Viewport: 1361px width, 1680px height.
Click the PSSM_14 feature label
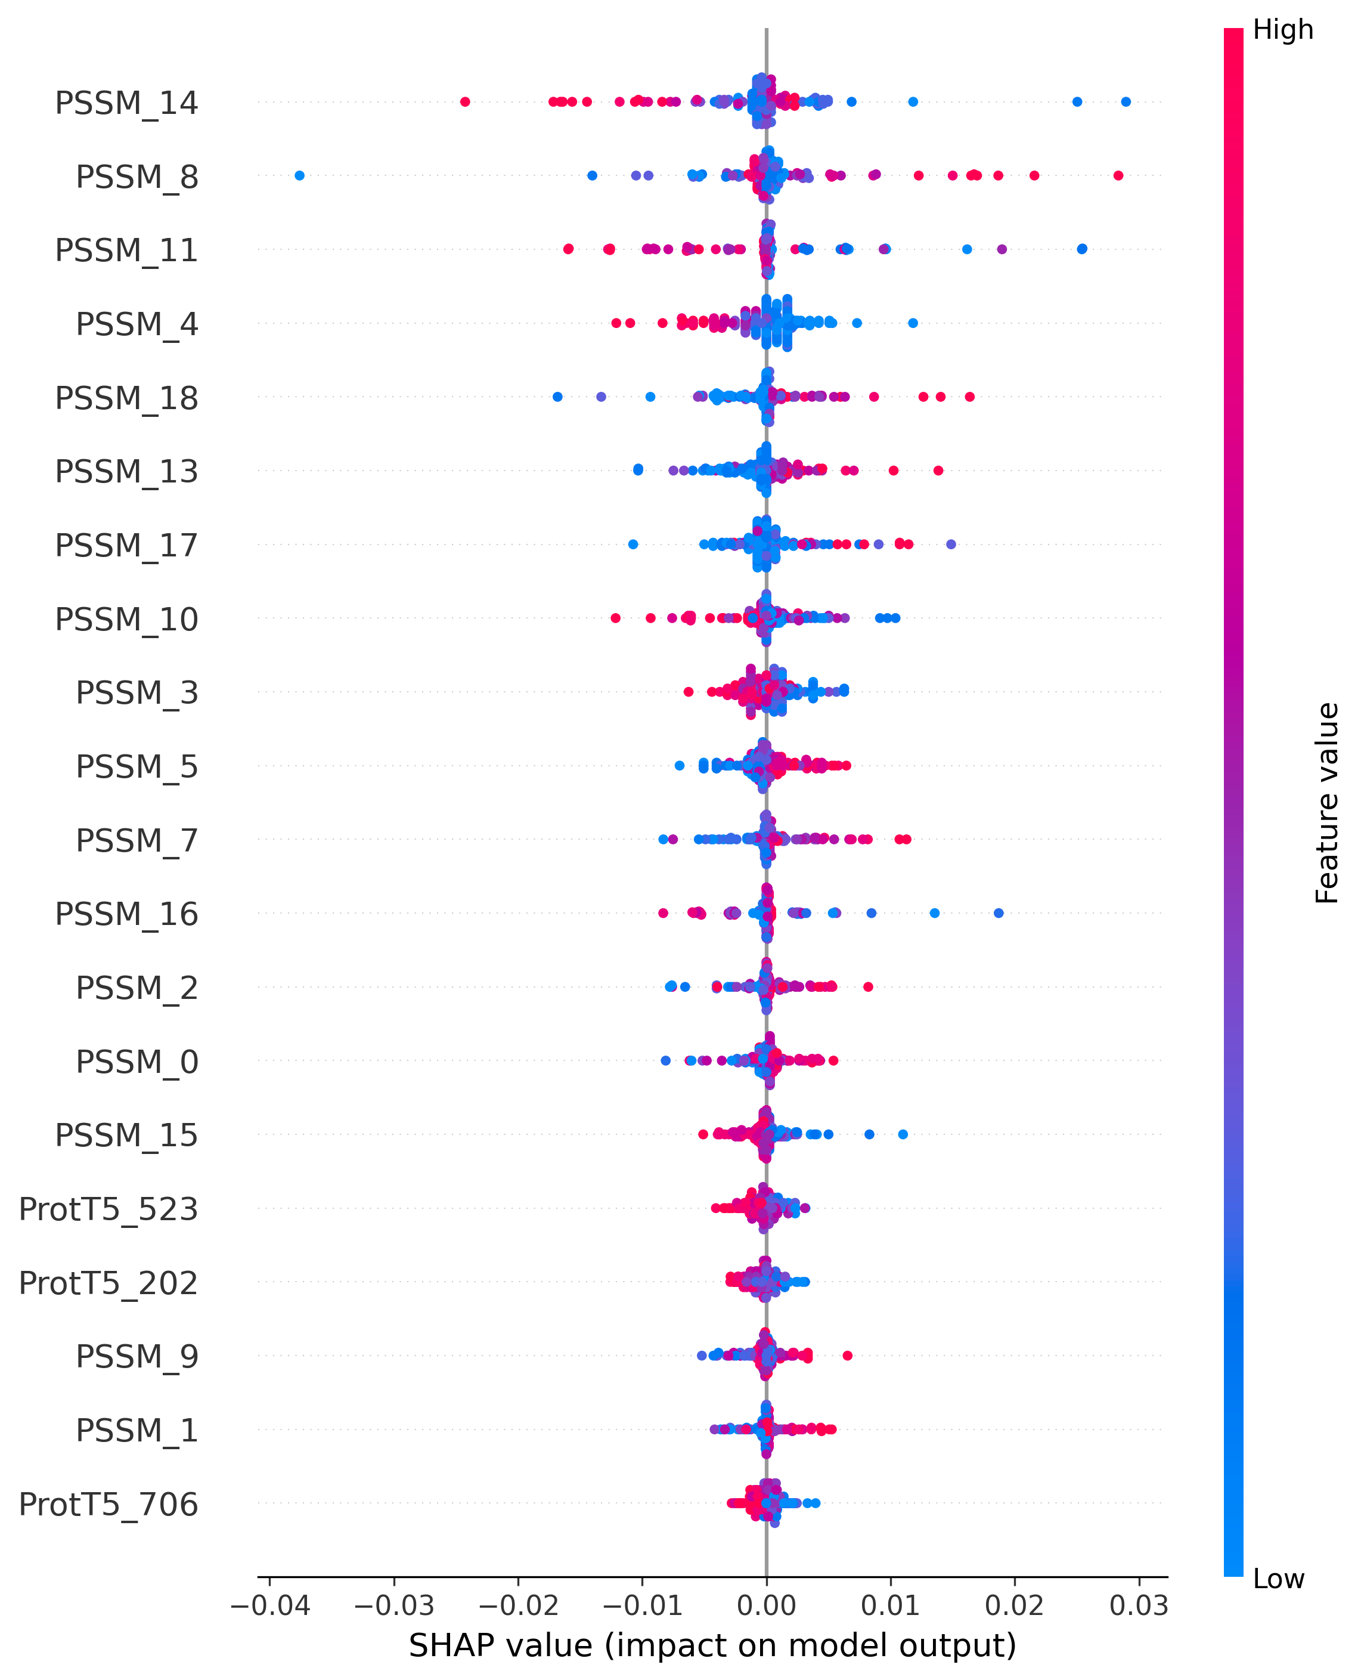(126, 103)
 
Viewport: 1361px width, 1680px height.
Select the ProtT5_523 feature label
(108, 1209)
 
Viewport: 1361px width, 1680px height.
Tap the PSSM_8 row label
(137, 177)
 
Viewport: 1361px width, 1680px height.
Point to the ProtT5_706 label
(108, 1503)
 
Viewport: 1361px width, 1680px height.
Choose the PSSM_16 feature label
(126, 914)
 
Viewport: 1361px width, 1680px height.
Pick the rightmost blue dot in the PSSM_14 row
(1126, 102)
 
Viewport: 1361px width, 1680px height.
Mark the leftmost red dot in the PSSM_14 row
(465, 102)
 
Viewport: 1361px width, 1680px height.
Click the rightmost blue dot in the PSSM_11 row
(1082, 249)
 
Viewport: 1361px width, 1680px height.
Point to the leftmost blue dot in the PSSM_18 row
(557, 397)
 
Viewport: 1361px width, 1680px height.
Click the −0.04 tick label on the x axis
(269, 1605)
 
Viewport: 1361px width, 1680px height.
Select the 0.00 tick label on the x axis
(766, 1605)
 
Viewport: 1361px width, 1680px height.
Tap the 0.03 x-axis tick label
(1139, 1605)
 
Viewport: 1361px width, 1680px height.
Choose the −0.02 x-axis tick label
(518, 1605)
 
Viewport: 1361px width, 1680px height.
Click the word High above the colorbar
(1282, 30)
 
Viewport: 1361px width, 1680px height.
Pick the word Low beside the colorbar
(1279, 1578)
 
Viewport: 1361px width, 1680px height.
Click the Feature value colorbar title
(1327, 803)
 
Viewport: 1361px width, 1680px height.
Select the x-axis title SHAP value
(712, 1645)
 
